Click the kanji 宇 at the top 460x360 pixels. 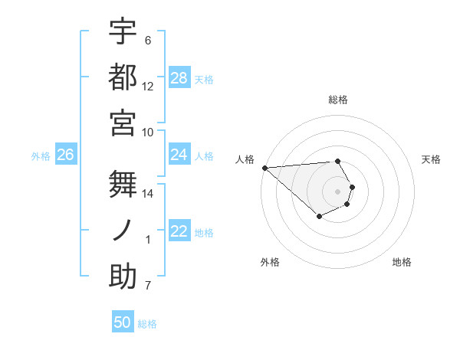click(x=123, y=31)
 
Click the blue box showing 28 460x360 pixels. click(x=179, y=78)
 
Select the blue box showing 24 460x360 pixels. click(x=179, y=155)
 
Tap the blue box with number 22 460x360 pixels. click(x=179, y=231)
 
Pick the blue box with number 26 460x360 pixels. click(x=66, y=155)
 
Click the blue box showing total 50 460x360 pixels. click(x=123, y=322)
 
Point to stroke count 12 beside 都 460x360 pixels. click(x=148, y=86)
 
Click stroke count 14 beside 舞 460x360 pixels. click(x=148, y=193)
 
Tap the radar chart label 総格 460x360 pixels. click(x=337, y=100)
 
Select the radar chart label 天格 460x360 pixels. click(x=431, y=159)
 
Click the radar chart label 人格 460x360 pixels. click(x=245, y=159)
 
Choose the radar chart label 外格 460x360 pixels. click(x=269, y=262)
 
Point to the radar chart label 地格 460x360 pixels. click(x=402, y=262)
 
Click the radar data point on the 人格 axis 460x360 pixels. click(x=264, y=168)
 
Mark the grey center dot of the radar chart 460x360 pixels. click(x=337, y=191)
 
